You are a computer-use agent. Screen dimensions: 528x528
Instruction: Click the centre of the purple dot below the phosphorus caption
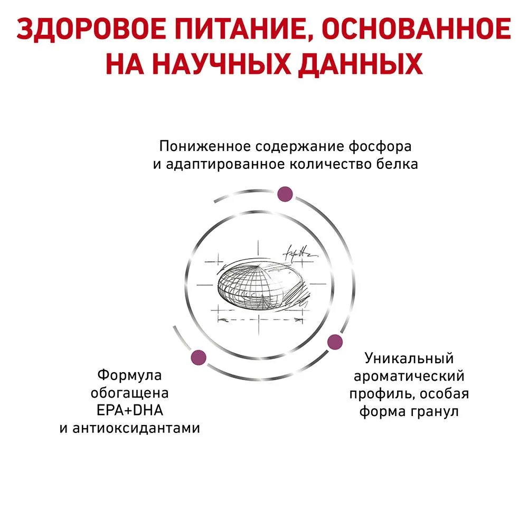(285, 194)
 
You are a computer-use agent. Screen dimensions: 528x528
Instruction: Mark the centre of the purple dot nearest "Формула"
(199, 357)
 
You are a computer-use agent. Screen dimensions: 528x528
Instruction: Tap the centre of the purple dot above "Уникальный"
(335, 342)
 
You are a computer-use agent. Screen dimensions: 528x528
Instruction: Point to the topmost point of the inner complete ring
(259, 212)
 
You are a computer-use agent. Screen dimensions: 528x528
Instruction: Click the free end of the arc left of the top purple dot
(214, 202)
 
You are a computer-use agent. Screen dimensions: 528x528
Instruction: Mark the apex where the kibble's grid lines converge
(258, 266)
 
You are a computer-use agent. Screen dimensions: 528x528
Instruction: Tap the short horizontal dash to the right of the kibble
(318, 284)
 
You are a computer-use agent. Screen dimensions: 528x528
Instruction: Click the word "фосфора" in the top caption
(380, 146)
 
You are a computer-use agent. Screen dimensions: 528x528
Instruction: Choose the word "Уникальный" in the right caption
(409, 359)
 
